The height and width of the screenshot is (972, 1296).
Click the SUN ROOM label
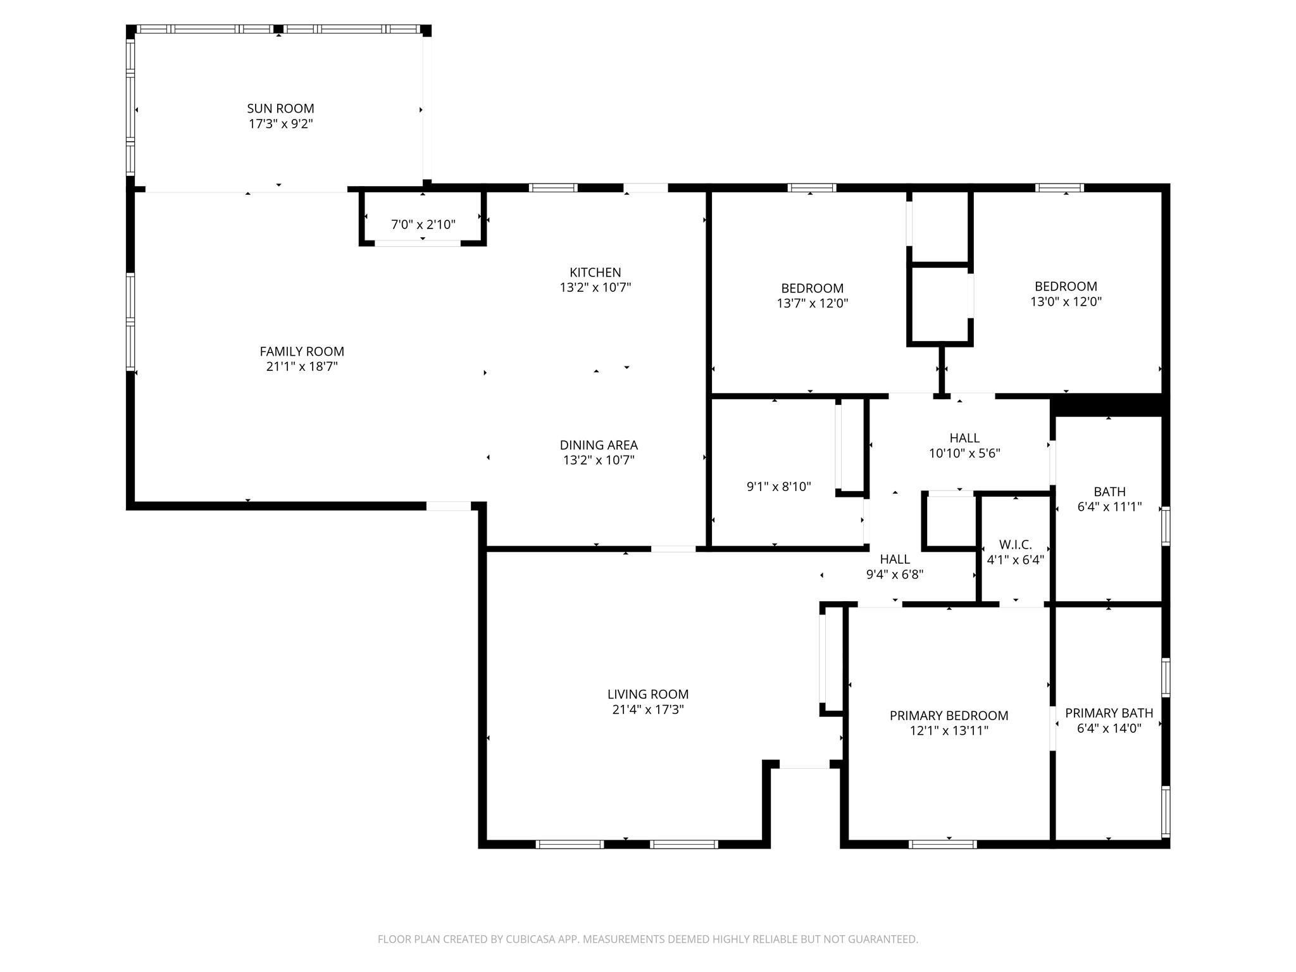280,108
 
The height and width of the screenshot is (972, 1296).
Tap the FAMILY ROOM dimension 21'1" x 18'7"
302,366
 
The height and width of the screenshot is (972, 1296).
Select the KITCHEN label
595,272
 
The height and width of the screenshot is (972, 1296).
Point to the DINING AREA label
599,445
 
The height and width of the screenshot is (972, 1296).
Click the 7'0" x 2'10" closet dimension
423,225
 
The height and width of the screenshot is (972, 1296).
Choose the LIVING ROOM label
647,694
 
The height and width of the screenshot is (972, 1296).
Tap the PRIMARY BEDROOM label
949,715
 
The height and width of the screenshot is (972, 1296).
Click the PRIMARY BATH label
1109,713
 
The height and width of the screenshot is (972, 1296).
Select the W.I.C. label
1015,544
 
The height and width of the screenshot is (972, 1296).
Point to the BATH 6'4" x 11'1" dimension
1109,506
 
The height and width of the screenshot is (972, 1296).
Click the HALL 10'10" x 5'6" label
964,438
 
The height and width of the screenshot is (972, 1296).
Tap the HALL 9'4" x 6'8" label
895,559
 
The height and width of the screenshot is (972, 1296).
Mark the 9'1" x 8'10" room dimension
778,487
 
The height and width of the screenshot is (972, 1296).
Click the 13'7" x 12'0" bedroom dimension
812,303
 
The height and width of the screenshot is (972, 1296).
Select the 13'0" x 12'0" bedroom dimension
1066,302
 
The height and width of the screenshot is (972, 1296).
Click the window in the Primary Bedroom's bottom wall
942,844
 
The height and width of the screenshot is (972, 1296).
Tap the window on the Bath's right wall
1165,525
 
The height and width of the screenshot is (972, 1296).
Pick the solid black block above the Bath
1108,405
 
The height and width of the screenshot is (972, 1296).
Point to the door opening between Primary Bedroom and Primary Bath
1053,727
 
